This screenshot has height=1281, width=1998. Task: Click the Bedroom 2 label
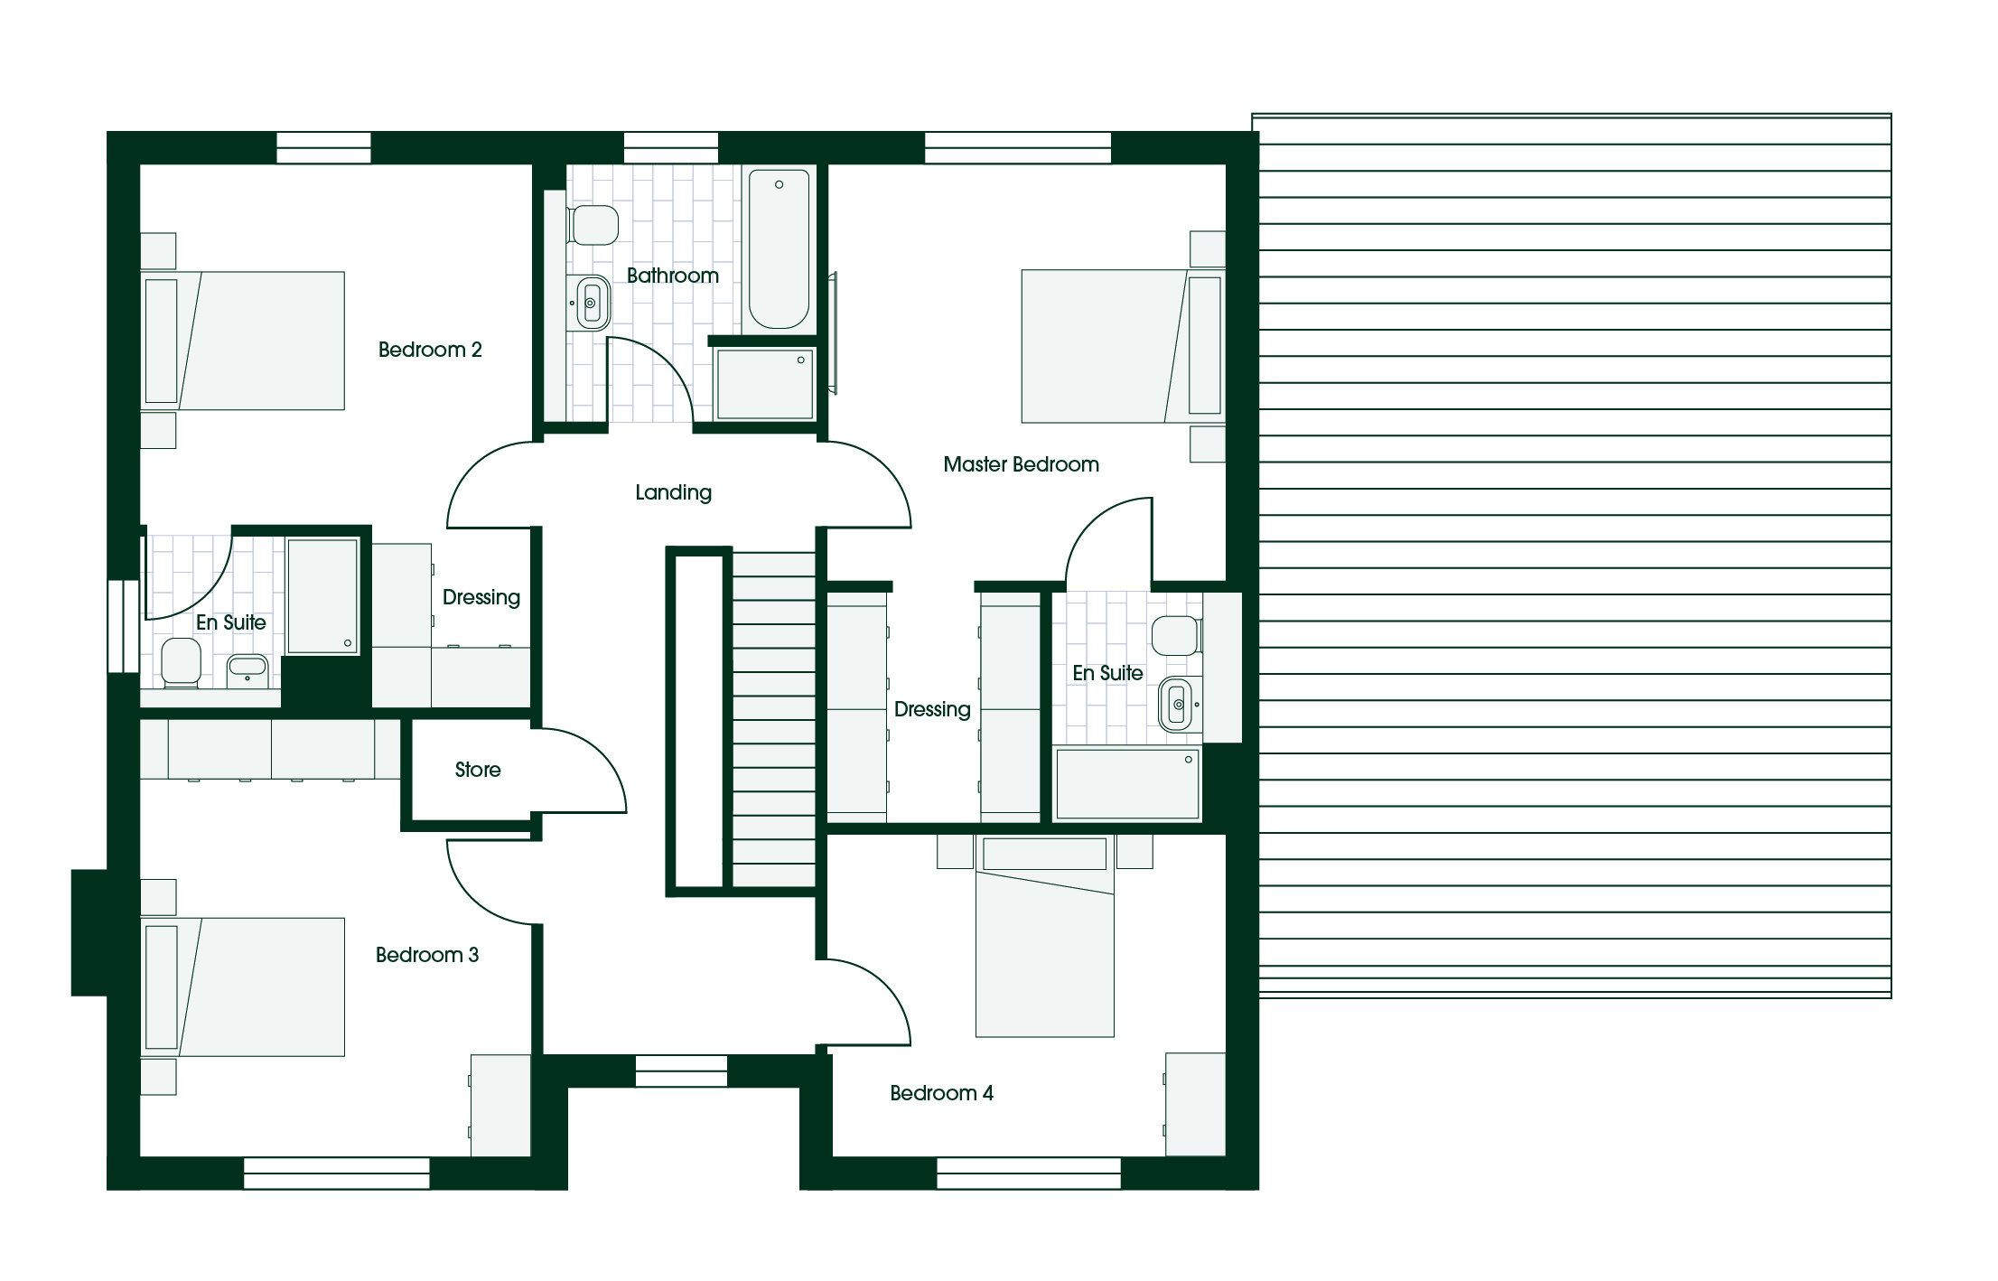tap(430, 350)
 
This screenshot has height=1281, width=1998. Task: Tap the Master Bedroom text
tap(1021, 464)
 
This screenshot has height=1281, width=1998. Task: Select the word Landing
tap(673, 492)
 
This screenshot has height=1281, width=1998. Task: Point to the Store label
tap(478, 770)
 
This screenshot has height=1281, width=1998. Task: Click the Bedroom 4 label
tap(941, 1093)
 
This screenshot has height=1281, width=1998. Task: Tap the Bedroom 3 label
tap(427, 955)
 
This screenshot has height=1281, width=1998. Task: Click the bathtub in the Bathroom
tap(779, 248)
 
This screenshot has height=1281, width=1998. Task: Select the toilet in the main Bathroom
tap(593, 225)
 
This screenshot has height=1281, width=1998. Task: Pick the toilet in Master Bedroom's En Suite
tap(1176, 636)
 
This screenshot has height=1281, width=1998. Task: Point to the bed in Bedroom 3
tap(242, 987)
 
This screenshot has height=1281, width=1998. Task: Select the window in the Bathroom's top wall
tap(671, 148)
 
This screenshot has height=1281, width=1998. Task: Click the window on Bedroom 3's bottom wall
tap(337, 1173)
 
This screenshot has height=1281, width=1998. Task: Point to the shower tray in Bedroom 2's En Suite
tap(322, 596)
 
